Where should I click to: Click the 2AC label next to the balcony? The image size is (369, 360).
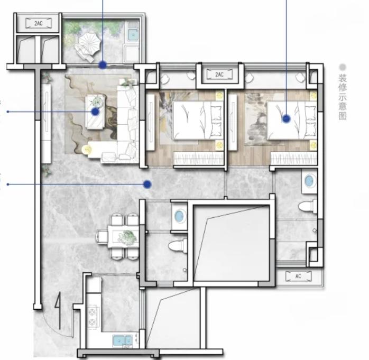(39, 23)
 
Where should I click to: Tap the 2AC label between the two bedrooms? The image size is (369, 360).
(219, 75)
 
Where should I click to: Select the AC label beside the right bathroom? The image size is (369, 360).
(298, 276)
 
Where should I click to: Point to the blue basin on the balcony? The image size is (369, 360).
(133, 35)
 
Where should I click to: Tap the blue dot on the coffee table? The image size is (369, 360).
(95, 112)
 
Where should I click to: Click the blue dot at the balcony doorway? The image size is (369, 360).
(103, 65)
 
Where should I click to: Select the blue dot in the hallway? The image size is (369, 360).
(147, 184)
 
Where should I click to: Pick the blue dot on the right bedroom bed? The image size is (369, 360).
(286, 119)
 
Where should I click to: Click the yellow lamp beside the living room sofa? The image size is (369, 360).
(86, 150)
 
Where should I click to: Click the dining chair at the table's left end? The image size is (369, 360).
(102, 237)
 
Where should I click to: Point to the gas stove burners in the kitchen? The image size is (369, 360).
(92, 317)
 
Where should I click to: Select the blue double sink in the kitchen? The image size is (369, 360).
(122, 340)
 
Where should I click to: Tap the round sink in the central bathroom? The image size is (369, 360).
(179, 216)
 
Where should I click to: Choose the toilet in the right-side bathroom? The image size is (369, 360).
(308, 206)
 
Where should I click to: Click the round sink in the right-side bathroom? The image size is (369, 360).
(309, 181)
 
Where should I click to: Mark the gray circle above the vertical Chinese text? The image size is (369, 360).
(343, 67)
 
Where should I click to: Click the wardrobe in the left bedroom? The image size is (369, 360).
(199, 159)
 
